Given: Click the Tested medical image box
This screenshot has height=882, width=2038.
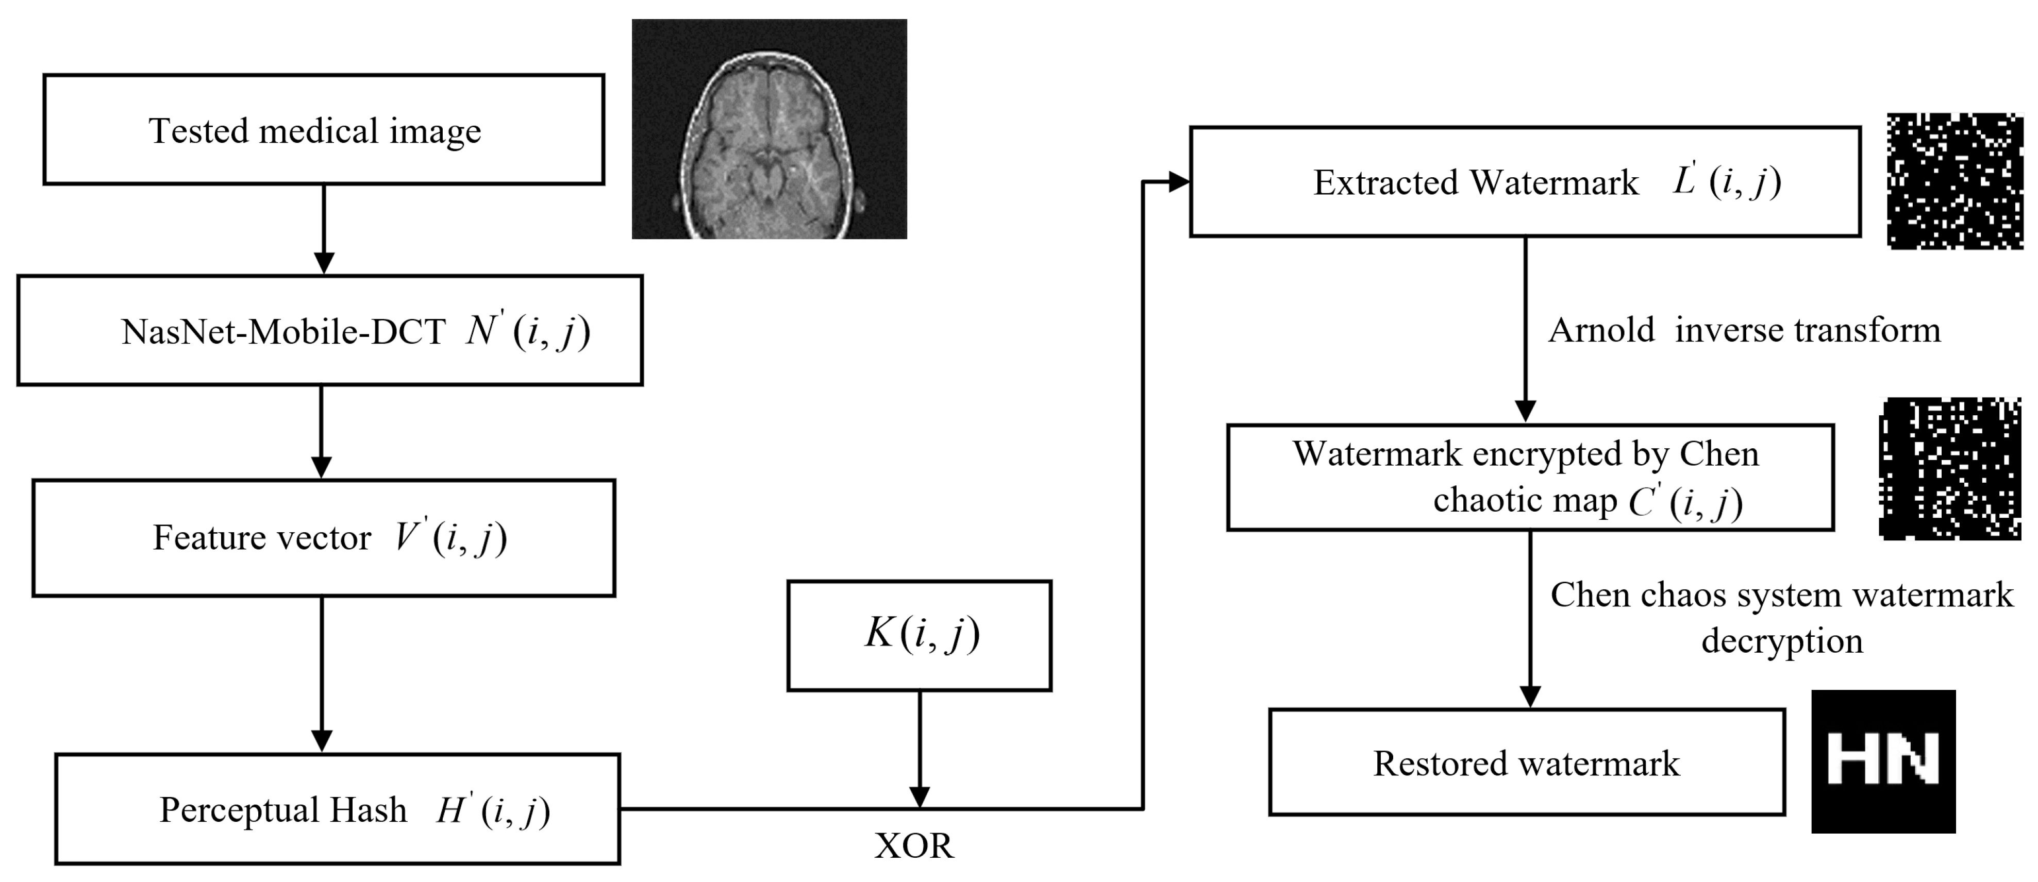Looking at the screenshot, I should coord(324,130).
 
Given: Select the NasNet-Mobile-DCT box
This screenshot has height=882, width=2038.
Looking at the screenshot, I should coord(330,331).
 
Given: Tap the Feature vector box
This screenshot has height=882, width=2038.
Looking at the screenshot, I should coord(324,538).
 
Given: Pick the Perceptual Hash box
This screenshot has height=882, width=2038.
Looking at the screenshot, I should coord(337,809).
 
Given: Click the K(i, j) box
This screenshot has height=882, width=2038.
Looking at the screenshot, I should coord(920,636).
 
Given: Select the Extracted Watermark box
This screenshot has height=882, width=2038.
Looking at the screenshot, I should coord(1525,182).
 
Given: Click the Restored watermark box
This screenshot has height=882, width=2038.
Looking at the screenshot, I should coord(1526,762).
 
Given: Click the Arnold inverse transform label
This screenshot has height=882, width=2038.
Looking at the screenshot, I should coord(1744,330).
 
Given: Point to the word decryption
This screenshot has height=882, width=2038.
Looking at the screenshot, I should coord(1782,641).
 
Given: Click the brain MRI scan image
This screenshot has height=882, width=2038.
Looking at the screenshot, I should coord(769,129).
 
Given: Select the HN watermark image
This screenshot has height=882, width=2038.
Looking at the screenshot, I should coord(1883,761).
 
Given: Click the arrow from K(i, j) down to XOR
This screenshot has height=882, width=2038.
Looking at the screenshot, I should coord(920,748).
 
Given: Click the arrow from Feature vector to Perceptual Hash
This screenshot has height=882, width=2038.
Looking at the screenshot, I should coord(321,672).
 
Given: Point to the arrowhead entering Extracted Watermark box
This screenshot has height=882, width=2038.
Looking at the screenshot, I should coord(1178,182).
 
